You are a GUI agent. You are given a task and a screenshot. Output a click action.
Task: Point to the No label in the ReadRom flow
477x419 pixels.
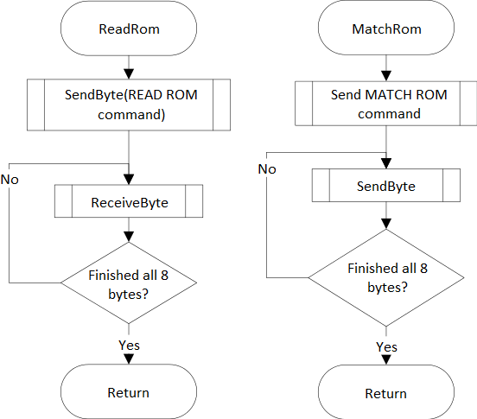coord(10,180)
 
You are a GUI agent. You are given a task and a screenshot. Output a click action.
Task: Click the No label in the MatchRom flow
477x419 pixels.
coord(267,169)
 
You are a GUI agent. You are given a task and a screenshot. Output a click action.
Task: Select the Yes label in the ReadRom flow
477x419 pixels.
coord(129,346)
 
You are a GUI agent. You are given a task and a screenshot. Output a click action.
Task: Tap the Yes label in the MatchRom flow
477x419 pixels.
coord(386,347)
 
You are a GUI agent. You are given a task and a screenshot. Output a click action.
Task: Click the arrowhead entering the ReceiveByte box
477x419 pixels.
coord(129,180)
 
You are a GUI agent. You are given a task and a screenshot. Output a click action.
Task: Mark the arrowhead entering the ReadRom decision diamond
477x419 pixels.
coord(129,237)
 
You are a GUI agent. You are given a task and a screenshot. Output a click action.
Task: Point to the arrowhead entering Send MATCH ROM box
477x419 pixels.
coord(386,76)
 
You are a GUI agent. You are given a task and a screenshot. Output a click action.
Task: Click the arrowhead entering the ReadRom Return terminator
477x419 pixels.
coord(129,359)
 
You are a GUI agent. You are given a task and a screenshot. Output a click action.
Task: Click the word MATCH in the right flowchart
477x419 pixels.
coord(387,94)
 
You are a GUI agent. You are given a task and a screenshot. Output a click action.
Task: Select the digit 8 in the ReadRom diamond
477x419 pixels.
coord(164,276)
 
